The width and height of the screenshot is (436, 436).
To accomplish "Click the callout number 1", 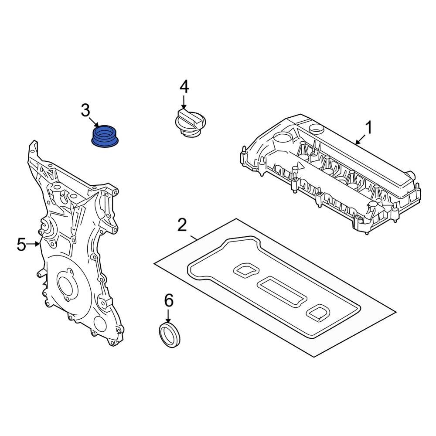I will click(369, 129).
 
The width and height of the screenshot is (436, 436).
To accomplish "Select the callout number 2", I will click(182, 225).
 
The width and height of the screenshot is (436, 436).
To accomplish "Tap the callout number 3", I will click(85, 110).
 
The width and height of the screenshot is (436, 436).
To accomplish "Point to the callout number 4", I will click(184, 87).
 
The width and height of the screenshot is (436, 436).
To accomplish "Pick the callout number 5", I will click(21, 245).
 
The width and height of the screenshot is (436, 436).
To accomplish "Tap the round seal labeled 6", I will click(170, 335).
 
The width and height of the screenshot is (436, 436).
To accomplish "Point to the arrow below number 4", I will click(184, 102).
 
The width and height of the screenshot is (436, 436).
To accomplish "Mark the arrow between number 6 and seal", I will click(168, 316).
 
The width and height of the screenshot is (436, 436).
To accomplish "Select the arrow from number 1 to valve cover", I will click(360, 139).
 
